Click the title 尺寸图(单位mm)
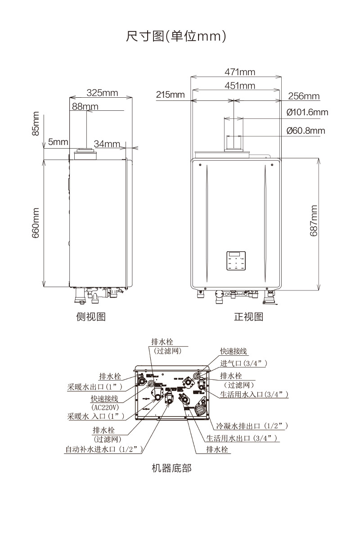pos(175,36)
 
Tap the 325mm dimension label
pos(102,93)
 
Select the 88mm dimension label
pos(85,106)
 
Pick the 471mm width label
pos(240,72)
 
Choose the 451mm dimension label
pos(240,86)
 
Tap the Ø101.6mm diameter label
pos(307,112)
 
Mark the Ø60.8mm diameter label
pos(306,131)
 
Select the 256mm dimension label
pos(304,96)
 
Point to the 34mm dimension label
pos(107,144)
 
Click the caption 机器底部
pos(171,468)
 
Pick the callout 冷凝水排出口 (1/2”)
pos(252,426)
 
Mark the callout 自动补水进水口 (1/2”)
pos(104,449)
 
